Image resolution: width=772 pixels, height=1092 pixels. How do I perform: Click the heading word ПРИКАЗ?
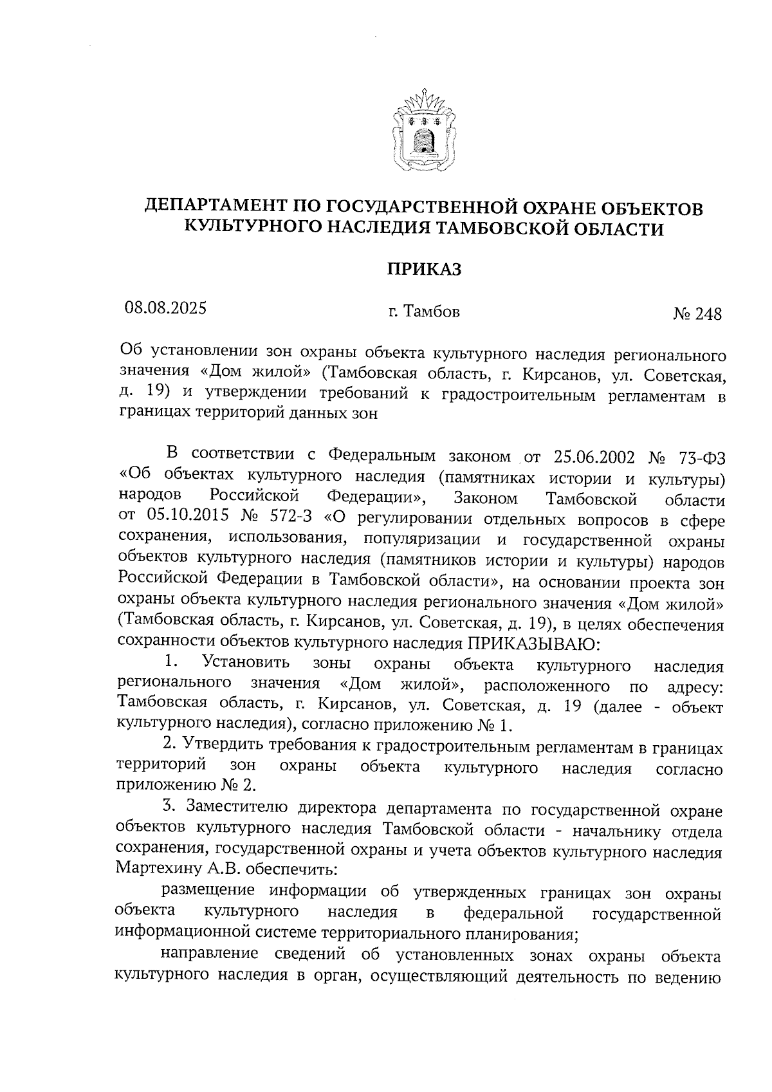coord(424,270)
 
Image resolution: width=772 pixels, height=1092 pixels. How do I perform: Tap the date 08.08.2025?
coord(166,308)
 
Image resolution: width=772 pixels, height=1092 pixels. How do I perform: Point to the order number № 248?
coord(697,314)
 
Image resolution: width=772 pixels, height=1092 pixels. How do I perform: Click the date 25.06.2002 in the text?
coord(593,457)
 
